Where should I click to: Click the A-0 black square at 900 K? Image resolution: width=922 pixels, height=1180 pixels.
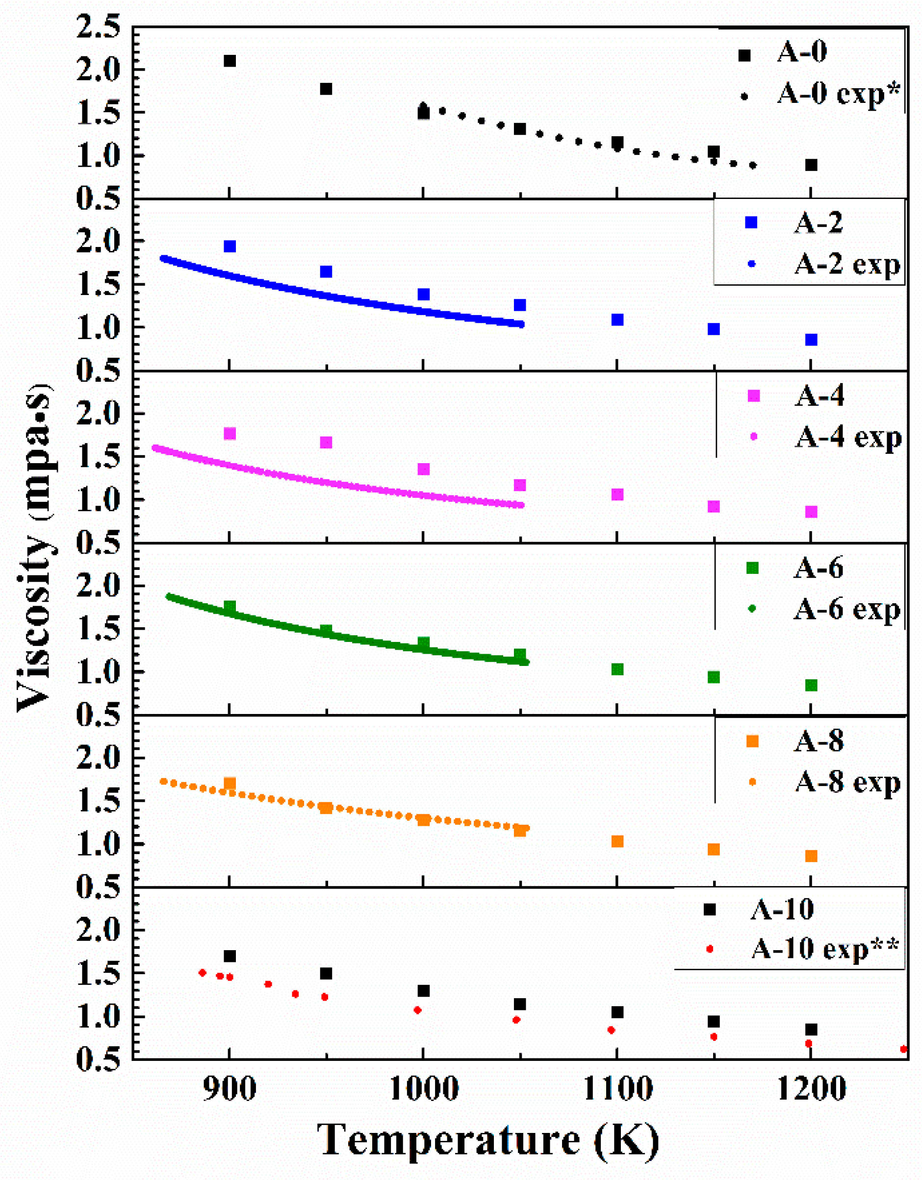230,60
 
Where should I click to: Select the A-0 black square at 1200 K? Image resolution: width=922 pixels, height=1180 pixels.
811,165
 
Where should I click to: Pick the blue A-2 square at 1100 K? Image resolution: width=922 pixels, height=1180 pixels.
617,320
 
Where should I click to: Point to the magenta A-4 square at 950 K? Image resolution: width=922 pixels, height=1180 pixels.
326,442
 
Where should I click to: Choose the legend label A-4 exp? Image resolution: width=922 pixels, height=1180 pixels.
848,437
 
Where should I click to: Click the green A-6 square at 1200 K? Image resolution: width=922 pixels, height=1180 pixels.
811,685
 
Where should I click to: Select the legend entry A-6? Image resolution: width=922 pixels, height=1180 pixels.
818,568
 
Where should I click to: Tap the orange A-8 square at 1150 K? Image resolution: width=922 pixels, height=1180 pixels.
714,849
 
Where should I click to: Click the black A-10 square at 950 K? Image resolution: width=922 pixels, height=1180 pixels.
326,974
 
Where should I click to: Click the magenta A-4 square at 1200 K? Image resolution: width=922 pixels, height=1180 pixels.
811,512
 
